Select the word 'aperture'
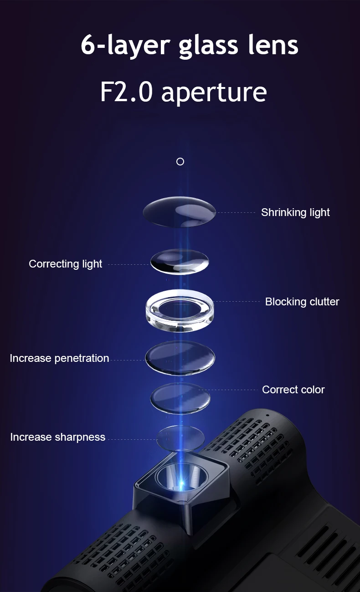[x=214, y=92]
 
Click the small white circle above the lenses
[x=180, y=161]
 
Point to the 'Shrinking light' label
[x=295, y=212]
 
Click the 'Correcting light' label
[x=65, y=264]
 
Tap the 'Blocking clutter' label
[x=302, y=302]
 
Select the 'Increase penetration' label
[x=59, y=358]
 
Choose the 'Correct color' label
[x=293, y=390]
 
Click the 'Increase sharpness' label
[x=57, y=437]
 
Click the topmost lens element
[x=180, y=211]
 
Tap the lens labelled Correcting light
[x=180, y=262]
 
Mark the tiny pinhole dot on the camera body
[x=267, y=415]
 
